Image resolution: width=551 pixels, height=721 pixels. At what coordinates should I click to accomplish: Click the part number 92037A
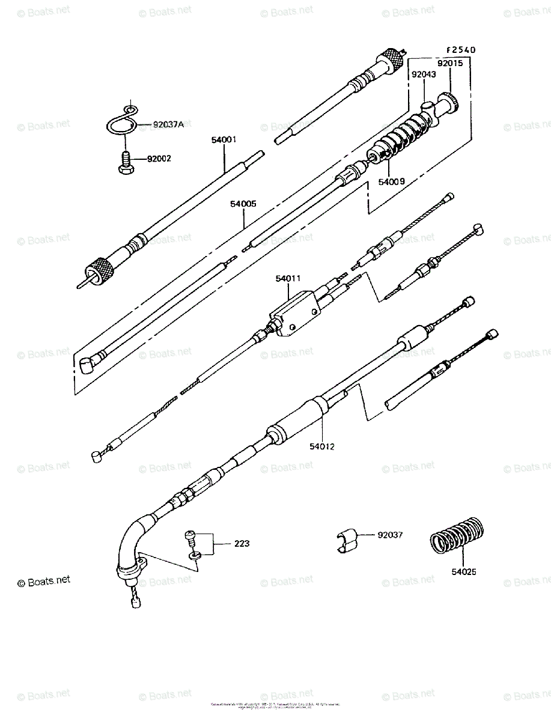pos(168,125)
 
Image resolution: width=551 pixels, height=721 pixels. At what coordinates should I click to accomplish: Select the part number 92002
pos(159,159)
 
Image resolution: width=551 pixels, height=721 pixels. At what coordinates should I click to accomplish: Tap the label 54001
pos(224,139)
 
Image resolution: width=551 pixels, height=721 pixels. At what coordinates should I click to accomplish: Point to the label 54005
pos(243,204)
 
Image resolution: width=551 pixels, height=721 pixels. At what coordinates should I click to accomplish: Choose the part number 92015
pos(449,62)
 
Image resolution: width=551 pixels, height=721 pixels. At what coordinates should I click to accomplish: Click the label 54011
pos(288,278)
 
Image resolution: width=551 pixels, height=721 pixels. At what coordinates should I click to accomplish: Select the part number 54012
pos(322,446)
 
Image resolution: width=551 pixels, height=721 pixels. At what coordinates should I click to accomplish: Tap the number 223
pos(242,544)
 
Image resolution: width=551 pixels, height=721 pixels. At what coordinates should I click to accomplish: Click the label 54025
pos(464,572)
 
